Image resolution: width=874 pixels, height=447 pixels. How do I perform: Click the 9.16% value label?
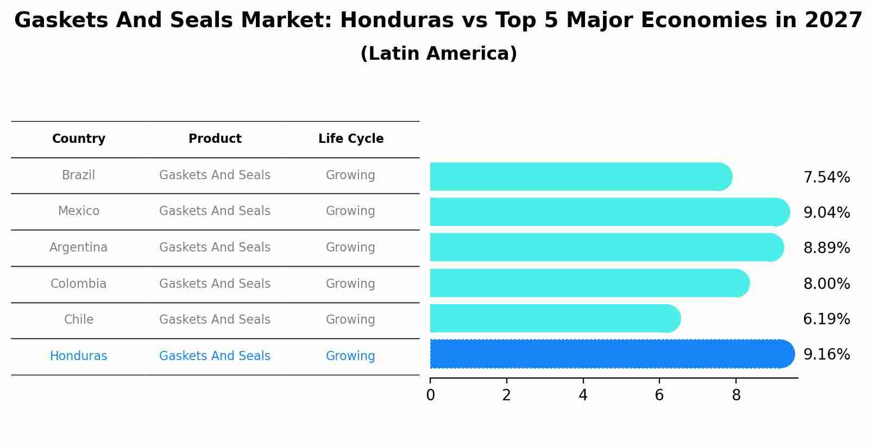pos(826,355)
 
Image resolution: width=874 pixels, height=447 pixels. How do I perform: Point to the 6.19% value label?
pos(826,319)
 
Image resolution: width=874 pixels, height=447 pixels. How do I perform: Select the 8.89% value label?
pos(826,248)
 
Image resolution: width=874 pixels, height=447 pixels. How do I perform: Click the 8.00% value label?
pos(826,284)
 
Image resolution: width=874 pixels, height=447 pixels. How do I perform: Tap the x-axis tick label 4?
pos(583,395)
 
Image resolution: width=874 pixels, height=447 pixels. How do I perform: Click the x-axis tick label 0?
pos(430,395)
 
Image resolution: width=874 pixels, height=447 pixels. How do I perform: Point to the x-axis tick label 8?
pos(736,395)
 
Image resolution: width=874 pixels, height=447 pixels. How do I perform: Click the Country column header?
pos(79,139)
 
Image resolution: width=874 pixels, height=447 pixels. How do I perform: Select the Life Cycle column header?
pos(351,139)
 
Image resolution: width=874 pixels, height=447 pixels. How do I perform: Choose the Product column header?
pos(215,139)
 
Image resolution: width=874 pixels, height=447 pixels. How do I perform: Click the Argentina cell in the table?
pos(79,248)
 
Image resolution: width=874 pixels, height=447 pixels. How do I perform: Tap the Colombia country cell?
pos(79,284)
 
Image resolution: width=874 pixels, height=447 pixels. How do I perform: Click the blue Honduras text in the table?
pos(79,356)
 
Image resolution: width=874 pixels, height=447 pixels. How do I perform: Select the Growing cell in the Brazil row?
pos(350,175)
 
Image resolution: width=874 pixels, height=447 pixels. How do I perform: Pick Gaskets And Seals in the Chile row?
pos(215,320)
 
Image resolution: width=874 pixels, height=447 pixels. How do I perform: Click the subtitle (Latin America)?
pos(438,54)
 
